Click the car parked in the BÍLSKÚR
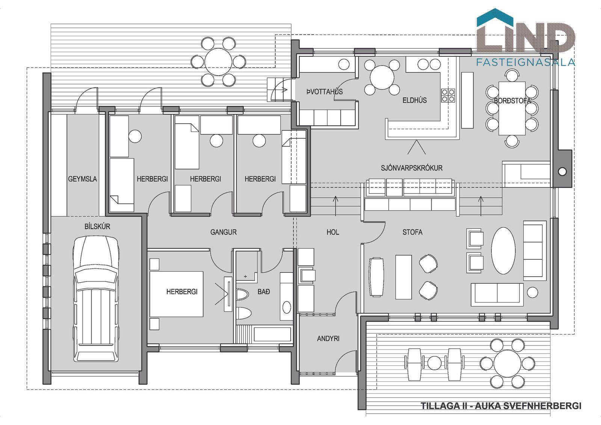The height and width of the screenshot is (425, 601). click(x=95, y=298)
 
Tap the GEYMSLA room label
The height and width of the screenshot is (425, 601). click(x=82, y=179)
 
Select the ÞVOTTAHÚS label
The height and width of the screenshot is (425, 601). click(x=325, y=92)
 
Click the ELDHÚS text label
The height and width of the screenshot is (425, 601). click(x=415, y=100)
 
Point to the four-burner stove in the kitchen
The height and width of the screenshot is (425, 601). click(x=448, y=95)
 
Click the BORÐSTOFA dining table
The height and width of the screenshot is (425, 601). click(x=512, y=108)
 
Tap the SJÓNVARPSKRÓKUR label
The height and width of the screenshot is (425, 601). click(x=412, y=168)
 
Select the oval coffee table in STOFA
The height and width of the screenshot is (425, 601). click(x=503, y=251)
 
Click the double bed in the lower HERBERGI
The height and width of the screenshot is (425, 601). click(x=176, y=294)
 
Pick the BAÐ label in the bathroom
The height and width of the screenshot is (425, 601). click(x=263, y=292)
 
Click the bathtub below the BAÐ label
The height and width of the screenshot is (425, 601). click(x=272, y=334)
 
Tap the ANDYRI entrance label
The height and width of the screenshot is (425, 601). click(x=328, y=339)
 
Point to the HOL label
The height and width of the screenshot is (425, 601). click(x=333, y=232)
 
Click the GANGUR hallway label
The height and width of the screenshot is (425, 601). click(x=223, y=232)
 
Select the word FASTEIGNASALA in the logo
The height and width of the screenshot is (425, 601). click(x=525, y=62)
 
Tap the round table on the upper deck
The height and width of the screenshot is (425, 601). click(x=218, y=62)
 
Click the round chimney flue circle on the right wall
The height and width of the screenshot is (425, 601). click(x=562, y=171)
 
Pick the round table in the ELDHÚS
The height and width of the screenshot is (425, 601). click(x=382, y=77)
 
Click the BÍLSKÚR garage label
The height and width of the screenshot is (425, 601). click(x=97, y=226)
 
